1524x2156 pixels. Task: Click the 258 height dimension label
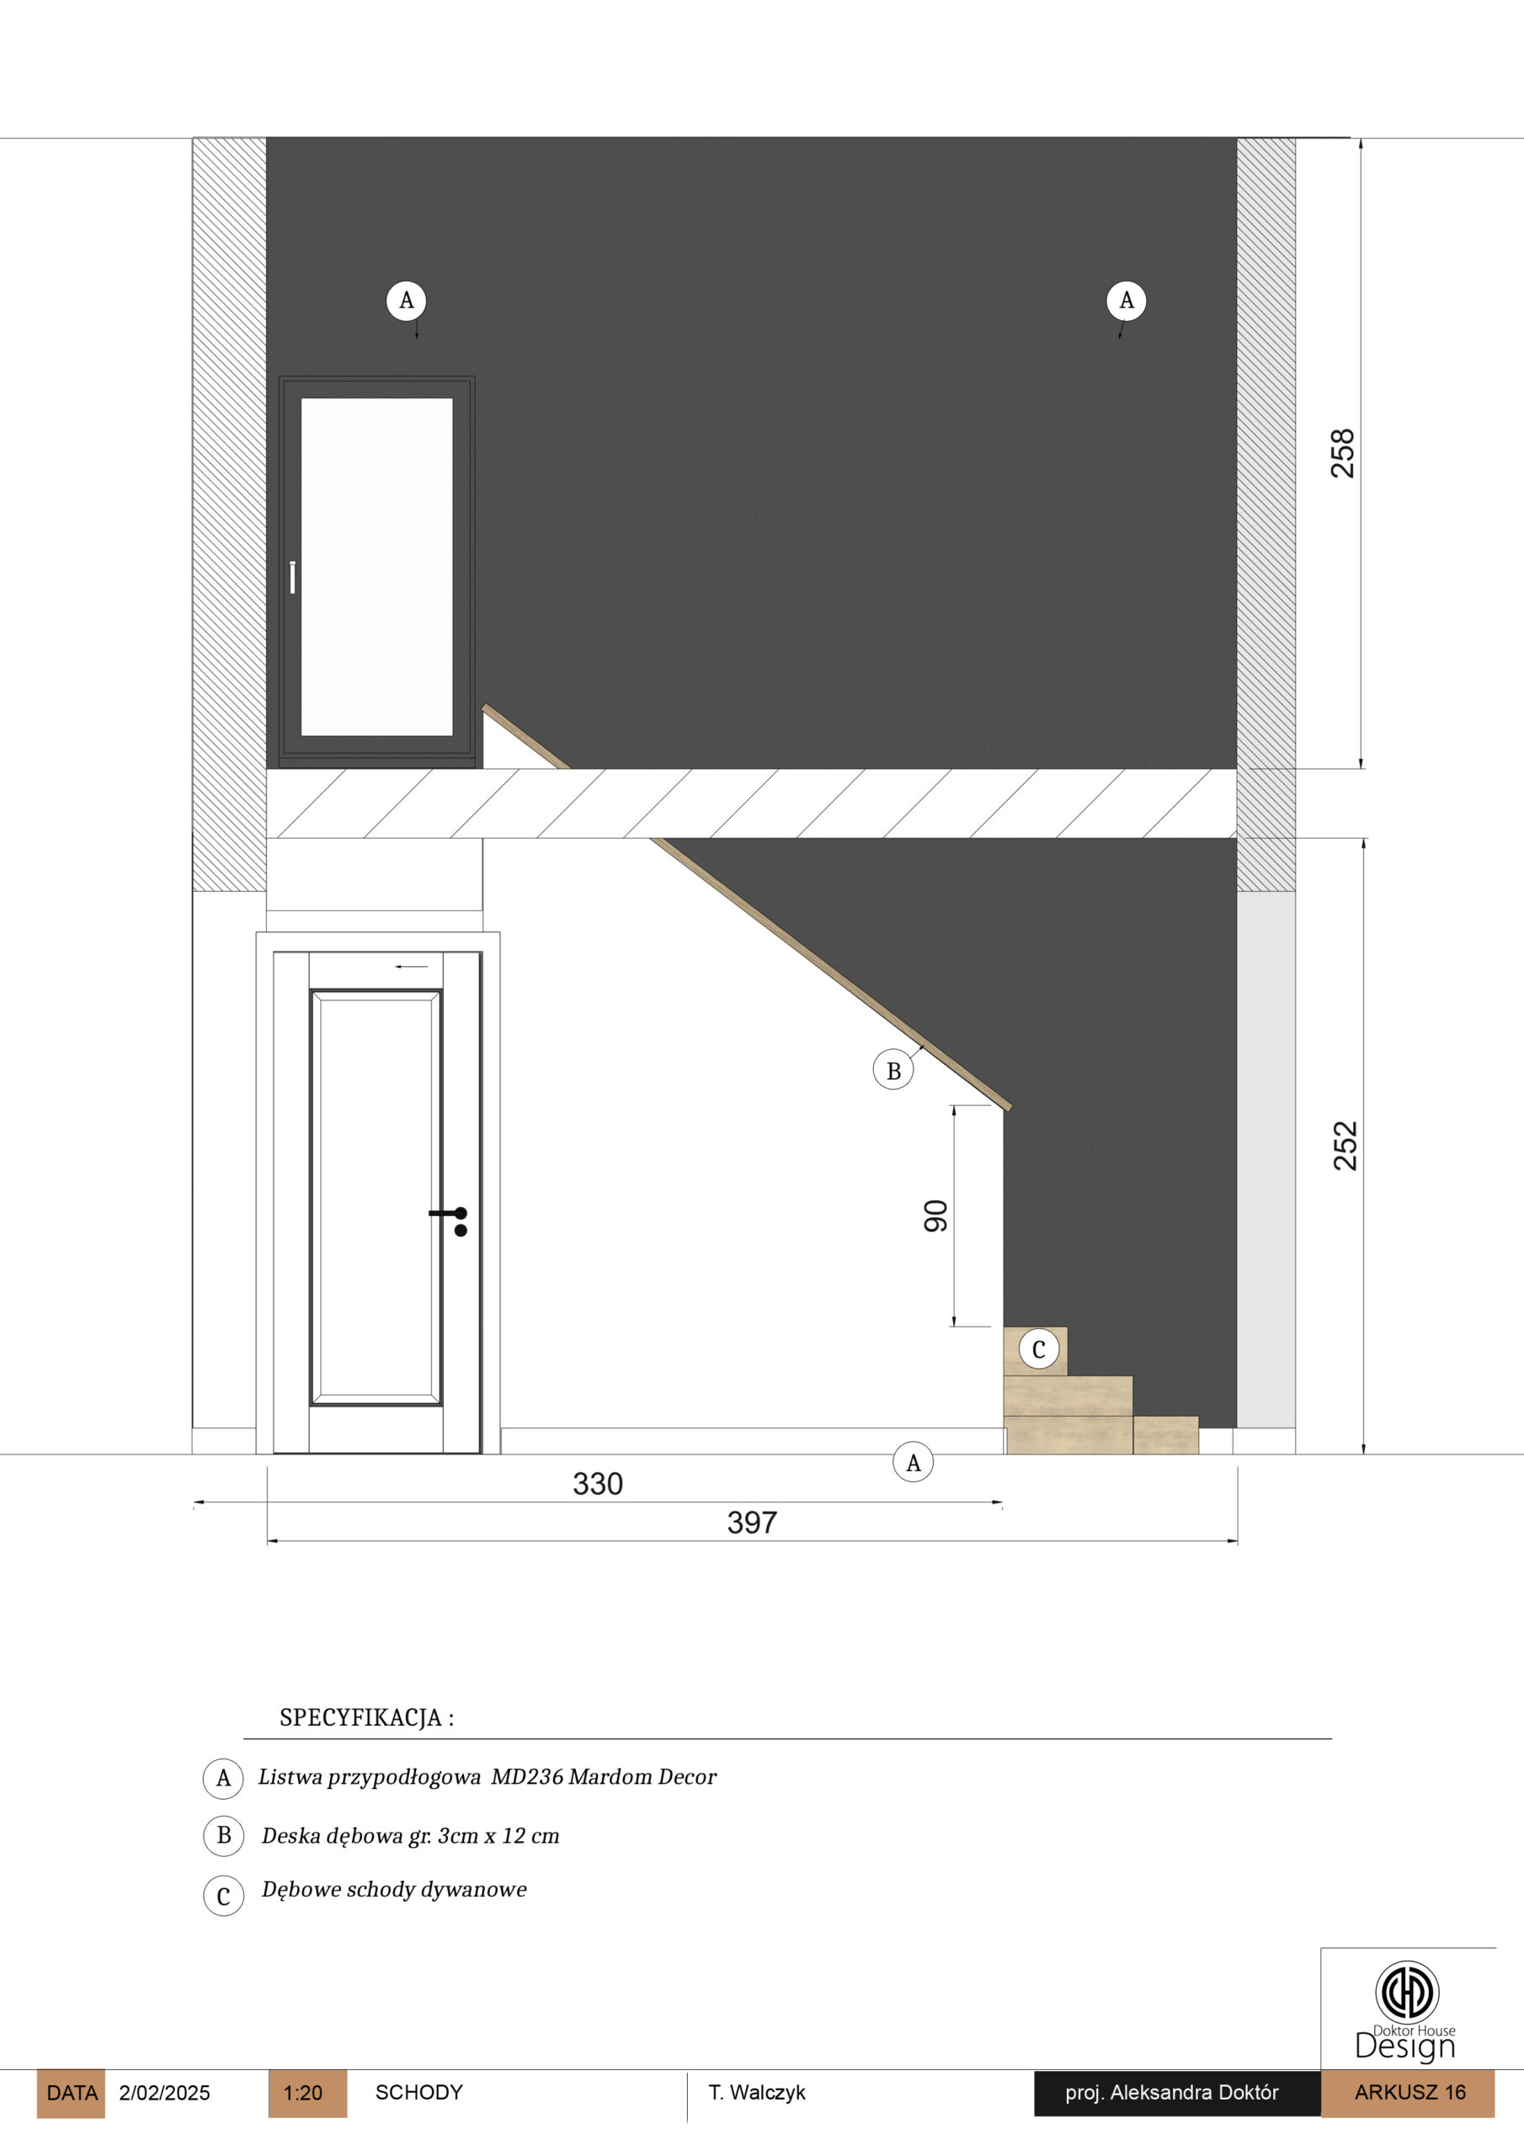(1343, 454)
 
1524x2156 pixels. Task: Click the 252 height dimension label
(1345, 1145)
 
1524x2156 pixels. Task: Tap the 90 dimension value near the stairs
(935, 1215)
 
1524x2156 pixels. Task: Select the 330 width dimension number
(597, 1484)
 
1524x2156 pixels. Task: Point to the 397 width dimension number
(751, 1522)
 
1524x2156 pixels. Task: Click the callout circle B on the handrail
(893, 1070)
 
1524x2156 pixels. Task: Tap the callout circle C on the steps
(1038, 1349)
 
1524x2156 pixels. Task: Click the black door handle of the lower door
(450, 1220)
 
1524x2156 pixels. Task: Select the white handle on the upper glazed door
(293, 578)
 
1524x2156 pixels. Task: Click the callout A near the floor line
(913, 1462)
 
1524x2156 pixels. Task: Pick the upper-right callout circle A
(1126, 301)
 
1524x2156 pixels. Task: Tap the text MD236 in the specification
(527, 1777)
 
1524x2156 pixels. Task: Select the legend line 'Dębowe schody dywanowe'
(394, 1889)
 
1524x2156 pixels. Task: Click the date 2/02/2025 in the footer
(164, 2092)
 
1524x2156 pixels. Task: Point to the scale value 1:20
(302, 2092)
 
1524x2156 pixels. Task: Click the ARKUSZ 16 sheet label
(1409, 2091)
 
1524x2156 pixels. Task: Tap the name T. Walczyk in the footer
(757, 2092)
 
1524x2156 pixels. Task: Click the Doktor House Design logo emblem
(1407, 1991)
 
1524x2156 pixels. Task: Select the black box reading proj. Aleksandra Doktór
(1177, 2093)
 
